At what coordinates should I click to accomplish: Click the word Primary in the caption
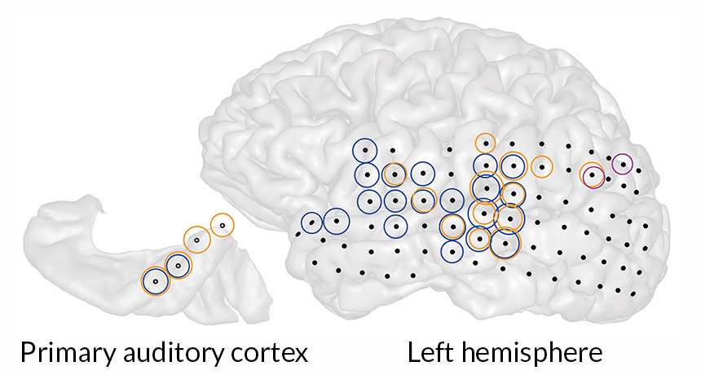[x=64, y=353]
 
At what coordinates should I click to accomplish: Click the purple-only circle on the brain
[x=623, y=165]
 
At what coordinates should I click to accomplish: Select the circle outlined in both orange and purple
[x=593, y=174]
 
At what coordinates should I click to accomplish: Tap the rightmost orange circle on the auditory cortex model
[x=222, y=224]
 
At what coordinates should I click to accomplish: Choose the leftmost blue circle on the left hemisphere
[x=311, y=223]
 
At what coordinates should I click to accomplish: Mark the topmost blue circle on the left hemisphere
[x=365, y=150]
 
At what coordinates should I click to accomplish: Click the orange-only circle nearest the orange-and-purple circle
[x=541, y=167]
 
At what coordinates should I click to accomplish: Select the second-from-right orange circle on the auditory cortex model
[x=196, y=240]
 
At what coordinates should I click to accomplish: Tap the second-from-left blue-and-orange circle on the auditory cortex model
[x=178, y=265]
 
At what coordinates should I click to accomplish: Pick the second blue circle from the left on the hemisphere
[x=336, y=220]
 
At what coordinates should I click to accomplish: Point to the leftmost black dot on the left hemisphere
[x=298, y=235]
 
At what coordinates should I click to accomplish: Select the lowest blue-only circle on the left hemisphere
[x=452, y=250]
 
